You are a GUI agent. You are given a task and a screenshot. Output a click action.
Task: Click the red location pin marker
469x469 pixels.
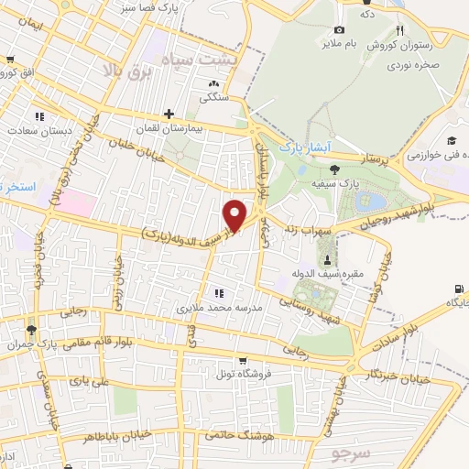tap(235, 214)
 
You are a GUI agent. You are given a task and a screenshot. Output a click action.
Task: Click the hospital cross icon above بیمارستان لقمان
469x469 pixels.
tap(169, 115)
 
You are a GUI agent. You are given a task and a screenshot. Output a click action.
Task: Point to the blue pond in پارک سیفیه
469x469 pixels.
tap(375, 202)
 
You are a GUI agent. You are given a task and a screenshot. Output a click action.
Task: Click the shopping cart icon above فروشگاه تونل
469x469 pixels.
tap(242, 361)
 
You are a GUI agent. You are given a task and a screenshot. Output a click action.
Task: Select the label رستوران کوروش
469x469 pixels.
tap(395, 45)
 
